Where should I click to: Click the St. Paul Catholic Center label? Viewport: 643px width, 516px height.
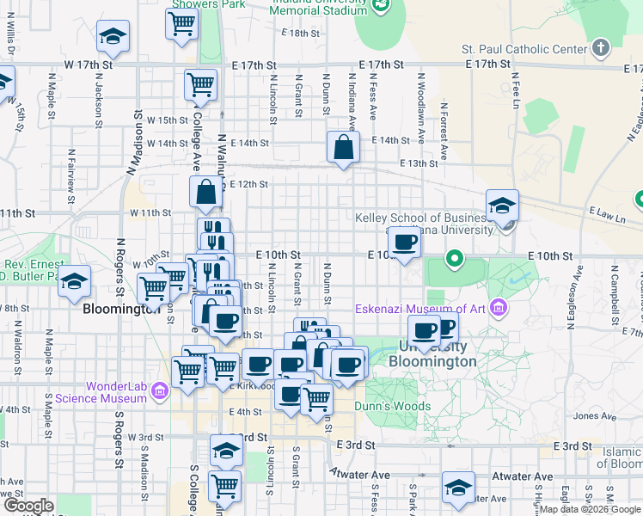pyautogui.click(x=524, y=49)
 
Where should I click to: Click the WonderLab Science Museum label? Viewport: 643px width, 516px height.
pyautogui.click(x=100, y=392)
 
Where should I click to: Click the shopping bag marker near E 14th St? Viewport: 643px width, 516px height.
pyautogui.click(x=343, y=147)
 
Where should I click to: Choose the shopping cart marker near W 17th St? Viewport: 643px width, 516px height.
pyautogui.click(x=200, y=85)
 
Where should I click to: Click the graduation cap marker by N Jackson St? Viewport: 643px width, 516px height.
pyautogui.click(x=111, y=37)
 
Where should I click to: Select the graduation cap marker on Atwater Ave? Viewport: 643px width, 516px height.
pyautogui.click(x=458, y=487)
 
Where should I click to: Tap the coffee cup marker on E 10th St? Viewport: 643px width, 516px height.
pyautogui.click(x=404, y=243)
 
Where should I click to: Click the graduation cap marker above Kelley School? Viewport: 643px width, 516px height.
pyautogui.click(x=502, y=206)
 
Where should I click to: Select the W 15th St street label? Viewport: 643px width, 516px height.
pyautogui.click(x=167, y=120)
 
